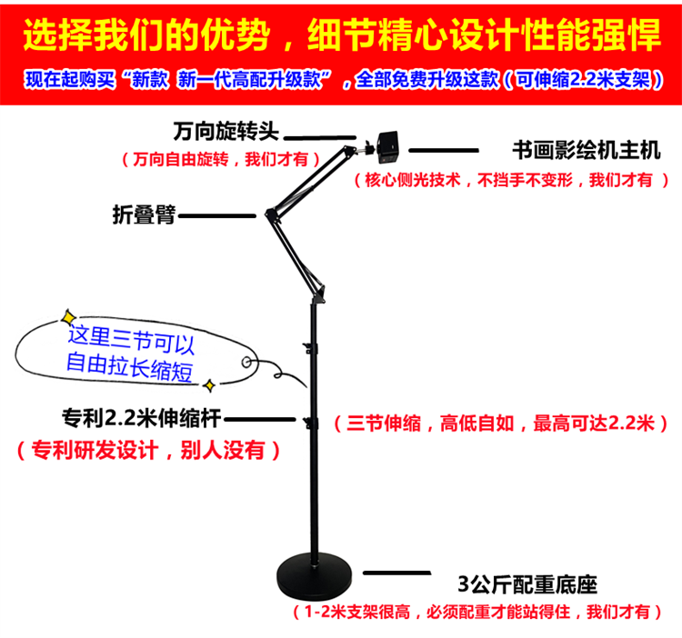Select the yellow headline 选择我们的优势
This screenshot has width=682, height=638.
tap(146, 36)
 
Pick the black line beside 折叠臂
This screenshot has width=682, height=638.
tap(217, 216)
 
